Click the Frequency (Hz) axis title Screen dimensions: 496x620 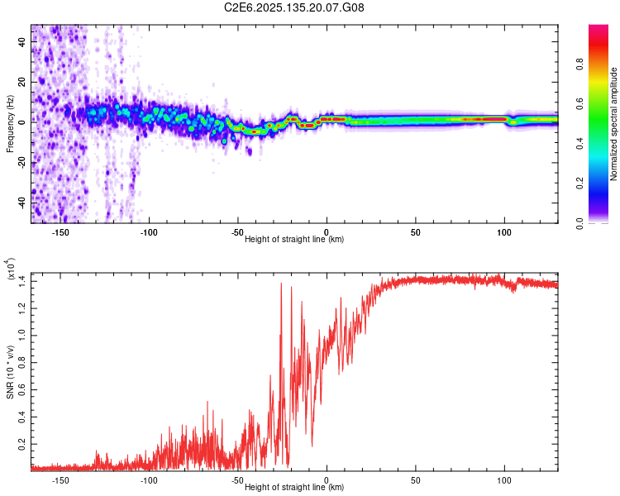pos(10,124)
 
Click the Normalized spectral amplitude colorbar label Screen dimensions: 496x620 pos(613,124)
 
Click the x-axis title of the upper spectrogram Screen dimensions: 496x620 pos(294,240)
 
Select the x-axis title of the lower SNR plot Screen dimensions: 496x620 pos(294,488)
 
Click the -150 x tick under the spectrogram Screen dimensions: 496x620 pos(60,231)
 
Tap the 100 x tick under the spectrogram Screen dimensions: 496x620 pos(504,231)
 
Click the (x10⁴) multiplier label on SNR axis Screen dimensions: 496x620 pos(12,269)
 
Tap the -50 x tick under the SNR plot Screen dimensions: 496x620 pos(238,479)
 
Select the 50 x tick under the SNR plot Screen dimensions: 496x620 pos(416,479)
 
